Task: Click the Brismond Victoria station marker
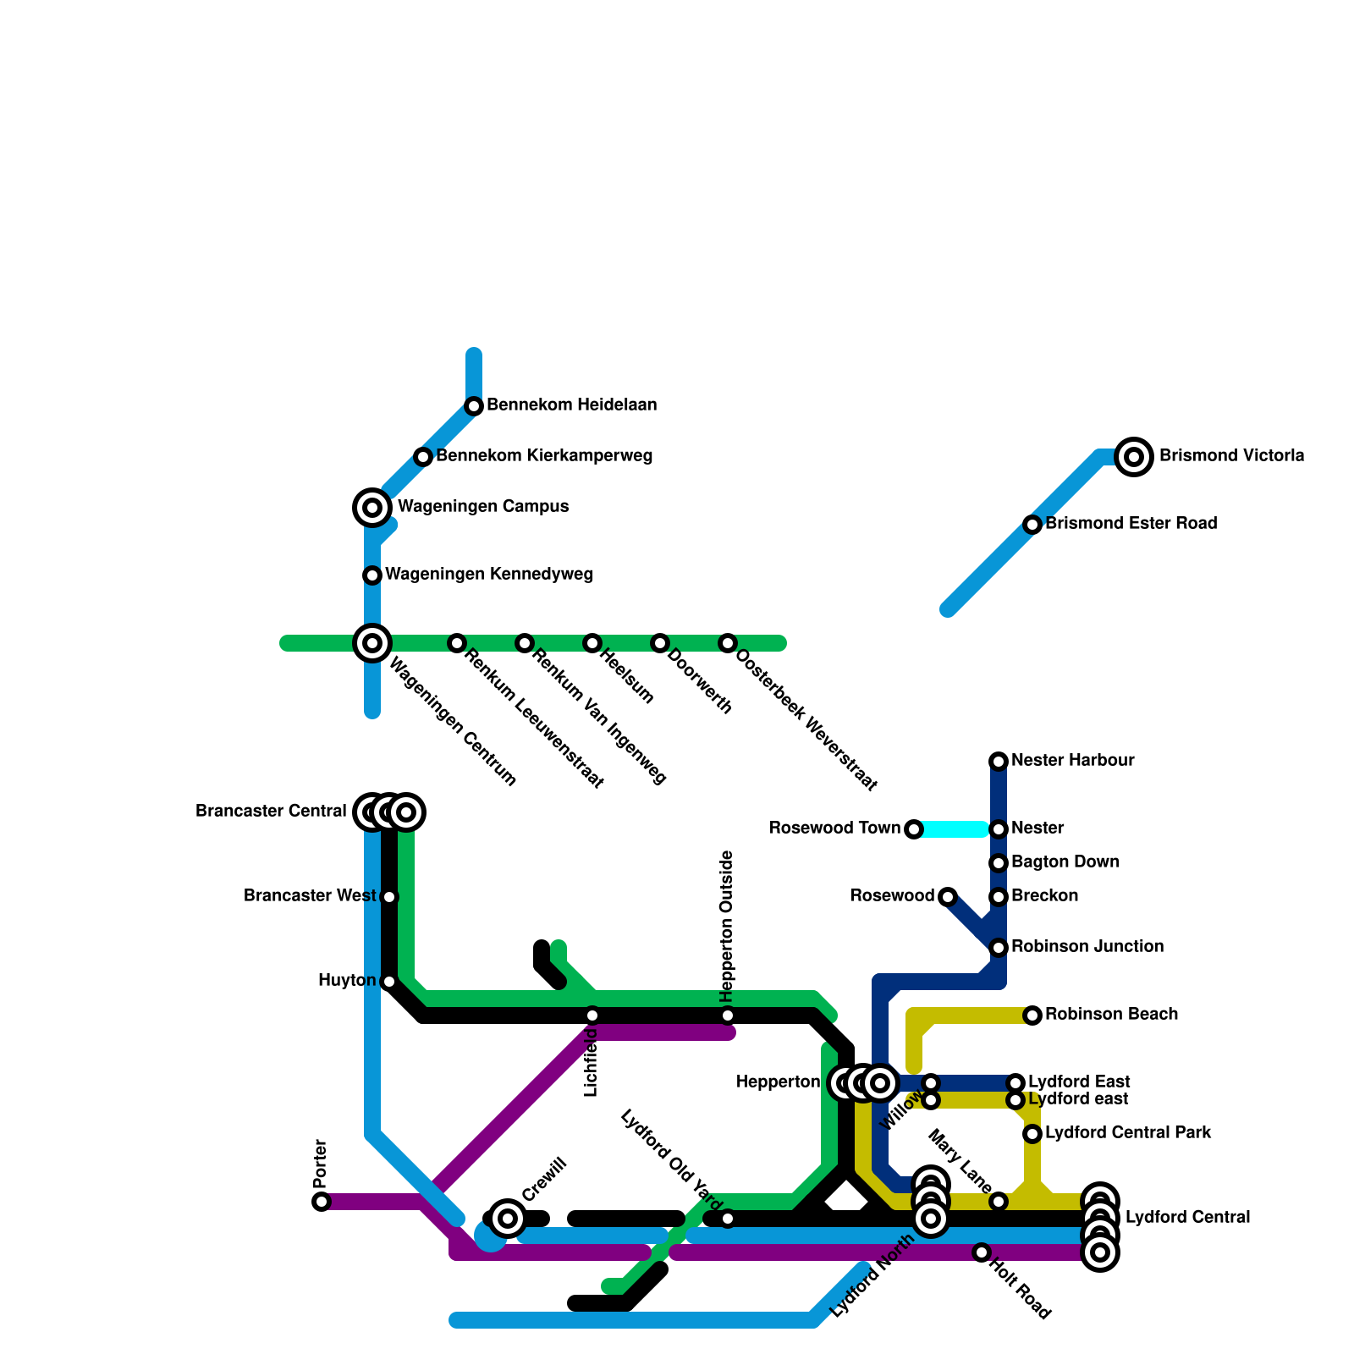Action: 1134,457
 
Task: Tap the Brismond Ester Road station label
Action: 1131,524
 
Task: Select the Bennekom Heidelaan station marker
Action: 474,406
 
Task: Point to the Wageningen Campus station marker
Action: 372,508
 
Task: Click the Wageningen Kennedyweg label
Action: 489,575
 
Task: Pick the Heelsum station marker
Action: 592,643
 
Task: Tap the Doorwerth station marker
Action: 660,643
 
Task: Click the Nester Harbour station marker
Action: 999,762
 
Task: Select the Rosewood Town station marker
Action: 914,829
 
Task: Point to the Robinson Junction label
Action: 1087,946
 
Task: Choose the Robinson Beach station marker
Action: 1032,1015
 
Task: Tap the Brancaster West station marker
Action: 389,897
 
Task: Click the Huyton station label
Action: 347,981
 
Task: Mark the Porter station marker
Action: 322,1202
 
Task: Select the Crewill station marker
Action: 508,1219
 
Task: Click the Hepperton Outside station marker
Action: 728,1015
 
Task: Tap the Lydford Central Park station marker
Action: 1032,1134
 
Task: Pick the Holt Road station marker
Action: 982,1252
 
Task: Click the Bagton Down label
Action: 1065,861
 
